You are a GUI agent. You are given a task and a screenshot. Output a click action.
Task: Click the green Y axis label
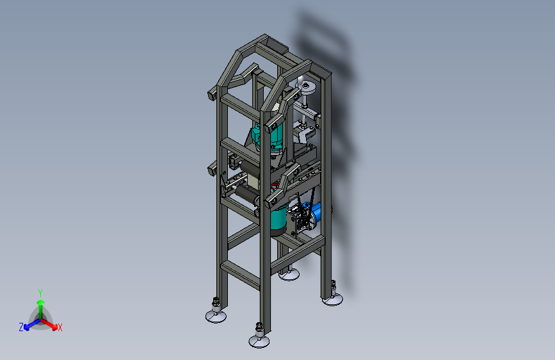[x=40, y=293]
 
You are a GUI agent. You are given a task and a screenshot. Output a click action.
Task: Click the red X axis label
[x=60, y=327]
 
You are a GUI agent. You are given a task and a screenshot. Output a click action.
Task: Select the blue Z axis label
[x=21, y=327]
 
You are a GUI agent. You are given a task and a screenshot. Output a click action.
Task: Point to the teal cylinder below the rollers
[x=278, y=220]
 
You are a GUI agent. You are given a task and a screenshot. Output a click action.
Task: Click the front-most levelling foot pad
[x=259, y=341]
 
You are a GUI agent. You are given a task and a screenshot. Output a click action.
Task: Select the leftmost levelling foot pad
[x=216, y=316]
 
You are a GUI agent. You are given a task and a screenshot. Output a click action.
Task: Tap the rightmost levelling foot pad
[x=332, y=300]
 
